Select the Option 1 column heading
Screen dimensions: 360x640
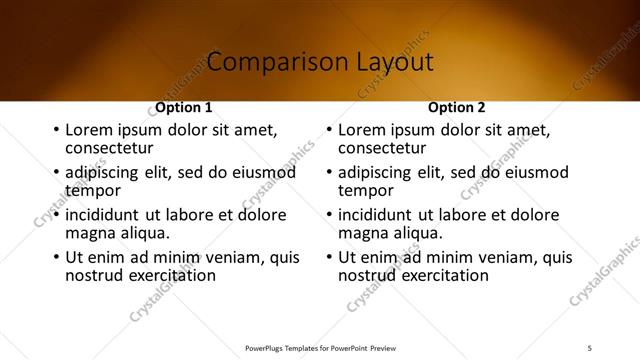[x=184, y=107]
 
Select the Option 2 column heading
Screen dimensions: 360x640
[x=457, y=107]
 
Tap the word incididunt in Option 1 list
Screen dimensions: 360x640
[x=103, y=215]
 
